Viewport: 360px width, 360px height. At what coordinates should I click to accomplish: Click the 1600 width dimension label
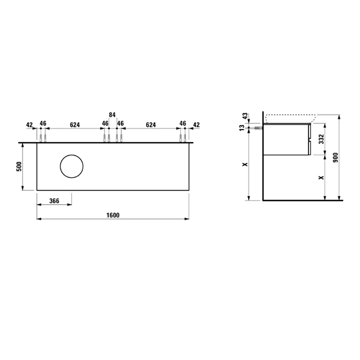(x=113, y=215)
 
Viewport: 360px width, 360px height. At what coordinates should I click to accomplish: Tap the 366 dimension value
(x=55, y=201)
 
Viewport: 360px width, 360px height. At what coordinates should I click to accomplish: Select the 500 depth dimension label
(x=19, y=167)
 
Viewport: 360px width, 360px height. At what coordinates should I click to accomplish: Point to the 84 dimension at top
(x=112, y=115)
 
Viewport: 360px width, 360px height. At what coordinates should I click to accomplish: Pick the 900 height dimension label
(x=335, y=157)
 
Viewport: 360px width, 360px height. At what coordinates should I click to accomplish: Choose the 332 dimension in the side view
(x=321, y=139)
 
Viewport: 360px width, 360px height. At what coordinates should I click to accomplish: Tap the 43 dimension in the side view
(x=245, y=116)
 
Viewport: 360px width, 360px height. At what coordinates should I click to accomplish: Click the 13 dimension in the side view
(x=242, y=128)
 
